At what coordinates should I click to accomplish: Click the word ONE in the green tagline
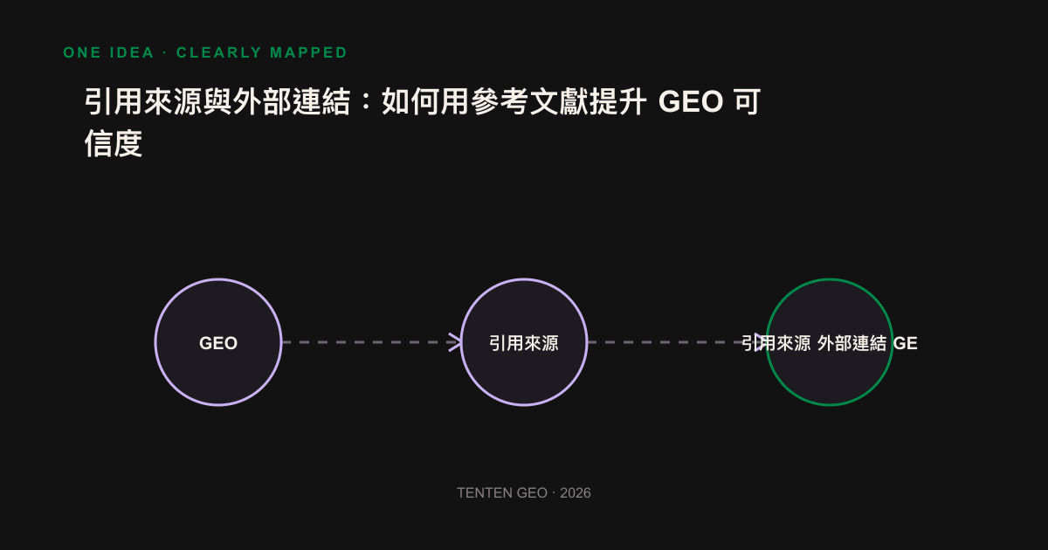coord(82,52)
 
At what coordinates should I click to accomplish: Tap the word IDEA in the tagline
coord(132,52)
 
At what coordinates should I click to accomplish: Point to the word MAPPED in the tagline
coord(308,52)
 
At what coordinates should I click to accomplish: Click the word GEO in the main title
coord(691,101)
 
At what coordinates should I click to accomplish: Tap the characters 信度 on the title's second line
coord(114,143)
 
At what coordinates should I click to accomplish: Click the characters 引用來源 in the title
coord(143,101)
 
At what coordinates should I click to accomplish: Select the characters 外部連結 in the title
coord(292,101)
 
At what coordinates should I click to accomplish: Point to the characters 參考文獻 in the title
coord(529,101)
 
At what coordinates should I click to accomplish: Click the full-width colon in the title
coord(367,101)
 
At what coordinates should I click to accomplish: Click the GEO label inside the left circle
coord(218,343)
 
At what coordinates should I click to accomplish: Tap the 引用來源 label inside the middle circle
coord(523,343)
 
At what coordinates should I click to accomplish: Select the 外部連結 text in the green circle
coord(851,343)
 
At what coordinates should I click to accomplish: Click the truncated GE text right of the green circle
coord(905,343)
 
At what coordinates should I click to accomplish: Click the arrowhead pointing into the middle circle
coord(455,342)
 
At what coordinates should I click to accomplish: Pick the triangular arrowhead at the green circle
coord(761,342)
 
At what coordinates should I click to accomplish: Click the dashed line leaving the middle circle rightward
coord(671,342)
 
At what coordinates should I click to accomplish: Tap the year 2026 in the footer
coord(575,493)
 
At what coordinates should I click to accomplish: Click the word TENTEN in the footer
coord(486,493)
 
